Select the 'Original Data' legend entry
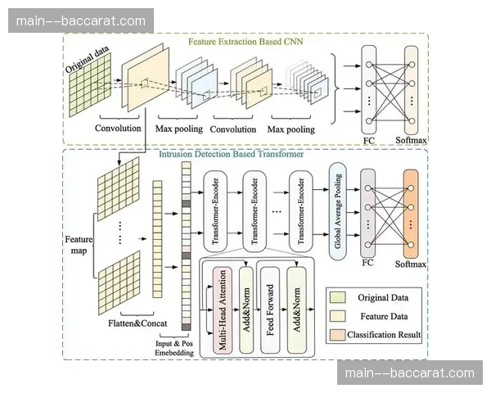(x=376, y=297)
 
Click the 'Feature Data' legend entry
(x=376, y=316)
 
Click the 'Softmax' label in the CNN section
(x=412, y=140)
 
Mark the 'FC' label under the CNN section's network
(x=368, y=140)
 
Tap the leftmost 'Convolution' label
(x=119, y=129)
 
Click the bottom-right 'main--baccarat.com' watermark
(x=410, y=373)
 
